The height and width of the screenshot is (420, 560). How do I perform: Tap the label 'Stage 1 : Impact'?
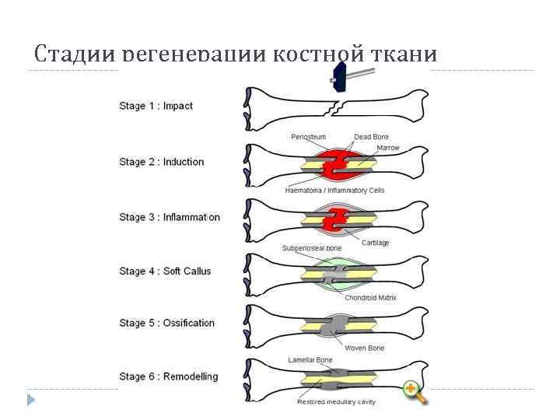[156, 106]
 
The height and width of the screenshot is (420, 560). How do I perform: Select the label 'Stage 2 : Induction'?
[161, 162]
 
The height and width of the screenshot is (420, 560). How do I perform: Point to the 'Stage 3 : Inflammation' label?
[169, 217]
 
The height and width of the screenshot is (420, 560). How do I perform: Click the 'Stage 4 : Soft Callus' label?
[165, 271]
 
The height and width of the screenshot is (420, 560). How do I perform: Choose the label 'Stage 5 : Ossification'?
[166, 323]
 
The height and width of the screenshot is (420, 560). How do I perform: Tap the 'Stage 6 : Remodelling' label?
[168, 376]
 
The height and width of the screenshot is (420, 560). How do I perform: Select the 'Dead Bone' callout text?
[371, 138]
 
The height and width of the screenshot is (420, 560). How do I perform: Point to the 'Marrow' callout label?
[387, 148]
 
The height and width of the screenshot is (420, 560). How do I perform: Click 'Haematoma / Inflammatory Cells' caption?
[334, 190]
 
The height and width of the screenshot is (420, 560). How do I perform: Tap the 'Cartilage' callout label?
[375, 243]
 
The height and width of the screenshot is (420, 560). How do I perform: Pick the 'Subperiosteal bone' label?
[311, 248]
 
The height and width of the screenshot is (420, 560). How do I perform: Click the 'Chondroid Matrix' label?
[369, 296]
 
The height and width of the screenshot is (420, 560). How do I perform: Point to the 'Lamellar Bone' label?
[310, 360]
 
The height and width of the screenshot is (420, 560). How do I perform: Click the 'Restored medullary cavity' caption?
[335, 401]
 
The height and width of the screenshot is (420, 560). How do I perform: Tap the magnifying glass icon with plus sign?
[415, 393]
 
